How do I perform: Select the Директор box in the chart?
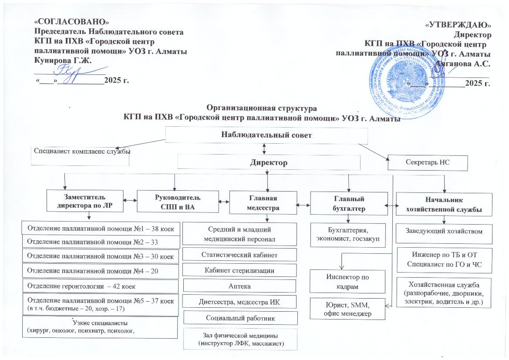(x=269, y=163)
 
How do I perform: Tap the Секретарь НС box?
(x=427, y=163)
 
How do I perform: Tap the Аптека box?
(x=239, y=286)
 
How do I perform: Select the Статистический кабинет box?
(x=239, y=254)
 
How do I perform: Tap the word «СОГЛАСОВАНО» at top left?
(x=71, y=21)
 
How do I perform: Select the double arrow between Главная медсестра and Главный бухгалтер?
(x=303, y=204)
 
